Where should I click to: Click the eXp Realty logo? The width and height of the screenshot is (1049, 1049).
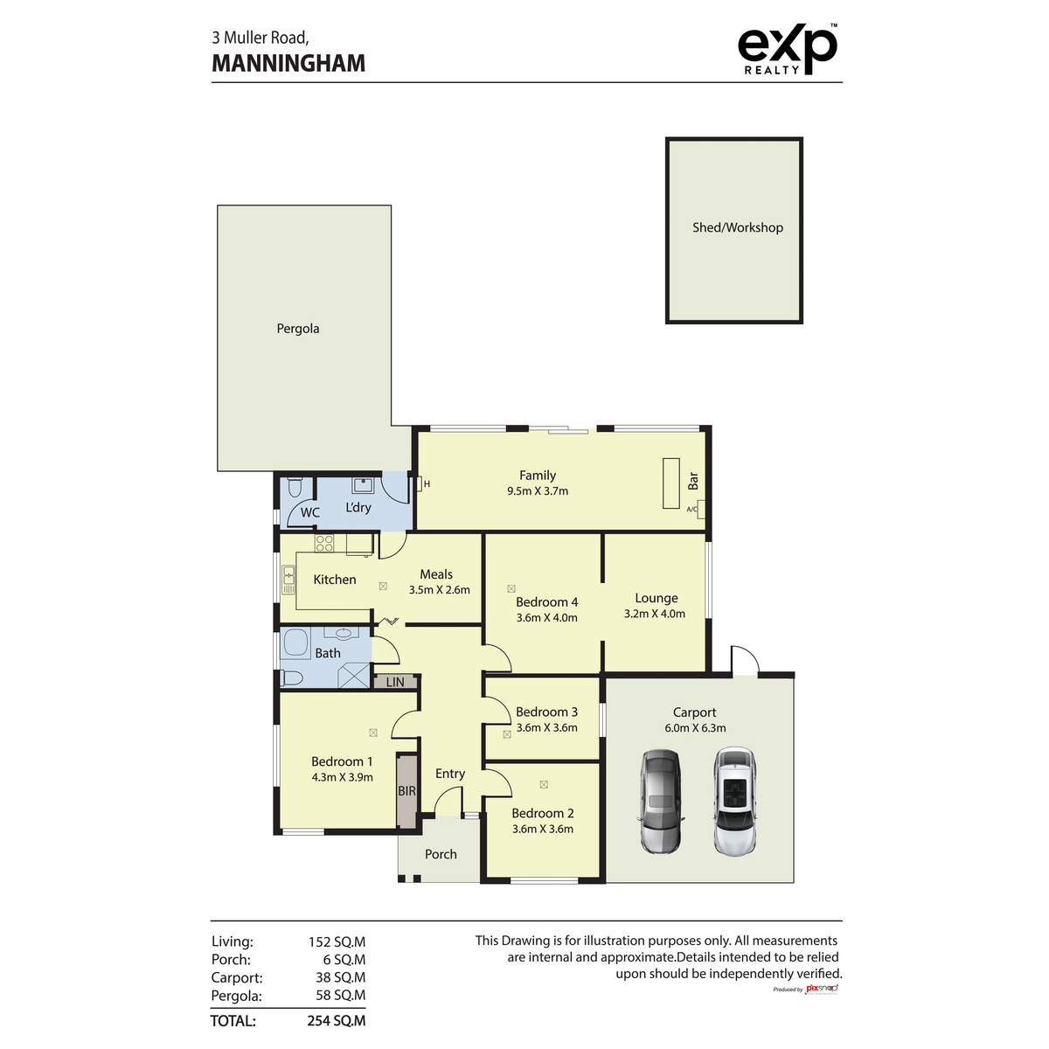(x=787, y=49)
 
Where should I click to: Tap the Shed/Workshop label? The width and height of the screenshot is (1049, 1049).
(x=738, y=227)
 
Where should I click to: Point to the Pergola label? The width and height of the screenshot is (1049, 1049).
(x=298, y=329)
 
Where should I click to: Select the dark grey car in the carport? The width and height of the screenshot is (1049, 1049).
(x=660, y=802)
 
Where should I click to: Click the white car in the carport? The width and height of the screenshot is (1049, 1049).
(x=735, y=801)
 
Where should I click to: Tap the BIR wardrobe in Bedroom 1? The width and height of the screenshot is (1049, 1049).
(x=406, y=791)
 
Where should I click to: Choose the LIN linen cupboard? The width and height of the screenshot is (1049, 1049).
(x=395, y=682)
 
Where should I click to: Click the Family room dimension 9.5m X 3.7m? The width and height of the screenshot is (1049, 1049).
(x=538, y=491)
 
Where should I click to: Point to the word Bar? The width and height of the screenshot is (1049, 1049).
(x=693, y=480)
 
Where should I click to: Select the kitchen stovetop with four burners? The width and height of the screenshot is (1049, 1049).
(x=324, y=543)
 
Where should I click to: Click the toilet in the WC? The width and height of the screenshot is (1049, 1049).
(x=294, y=488)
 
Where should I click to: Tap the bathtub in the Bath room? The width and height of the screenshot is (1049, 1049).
(x=295, y=644)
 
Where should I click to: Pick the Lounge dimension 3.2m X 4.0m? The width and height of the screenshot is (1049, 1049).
(x=655, y=614)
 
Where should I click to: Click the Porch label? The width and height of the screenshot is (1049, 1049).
(x=441, y=854)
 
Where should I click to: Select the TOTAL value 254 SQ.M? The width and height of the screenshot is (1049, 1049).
(x=337, y=1021)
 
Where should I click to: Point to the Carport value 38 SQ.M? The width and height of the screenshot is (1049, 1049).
(x=341, y=977)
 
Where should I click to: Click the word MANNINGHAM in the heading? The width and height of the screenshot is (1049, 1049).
(x=288, y=63)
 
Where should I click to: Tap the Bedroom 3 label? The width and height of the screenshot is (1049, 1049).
(x=546, y=712)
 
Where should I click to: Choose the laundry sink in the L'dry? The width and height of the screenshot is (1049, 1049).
(x=362, y=484)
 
